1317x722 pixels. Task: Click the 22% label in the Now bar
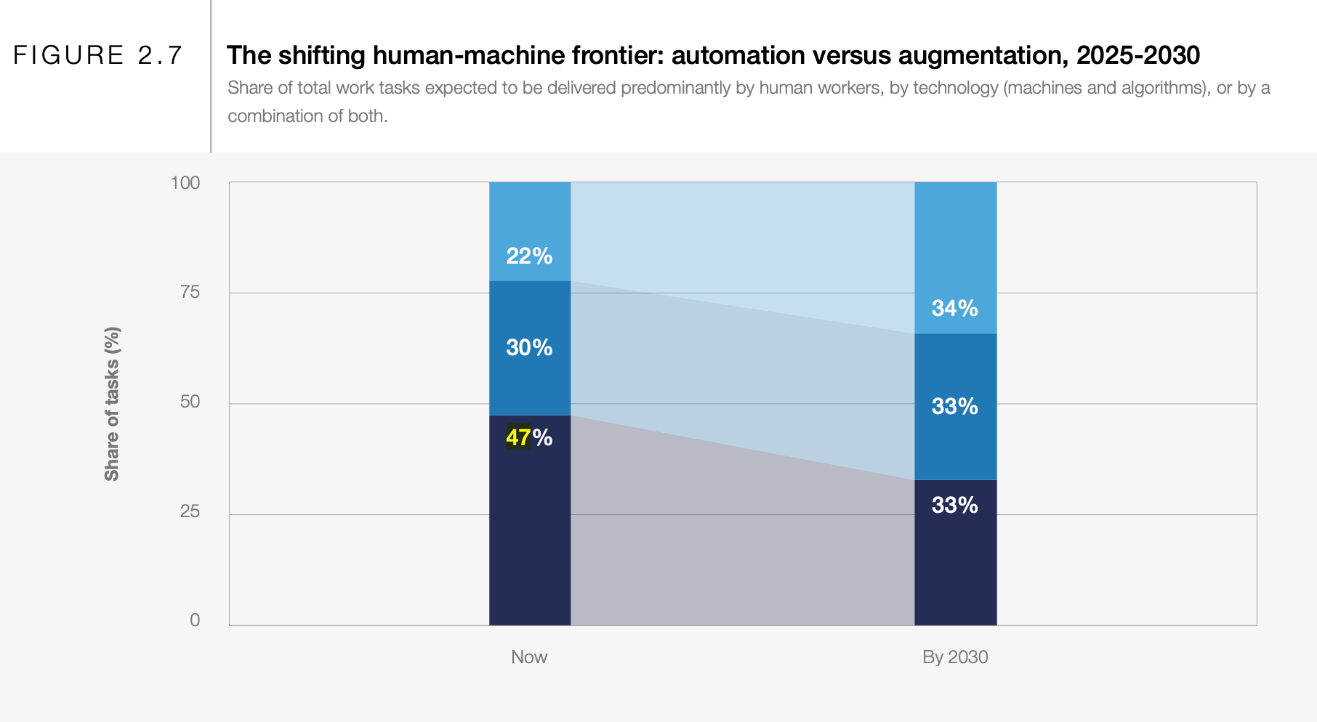[529, 256]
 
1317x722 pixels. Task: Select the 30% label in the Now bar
[529, 347]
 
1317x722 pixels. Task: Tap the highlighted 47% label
[528, 437]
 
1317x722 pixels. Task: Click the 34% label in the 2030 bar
[954, 308]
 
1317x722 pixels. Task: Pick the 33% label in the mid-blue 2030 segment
[954, 406]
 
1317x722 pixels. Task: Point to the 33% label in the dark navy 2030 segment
[954, 505]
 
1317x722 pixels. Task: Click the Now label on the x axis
[528, 657]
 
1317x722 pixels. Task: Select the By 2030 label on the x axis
[954, 657]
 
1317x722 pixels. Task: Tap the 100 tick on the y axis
[185, 182]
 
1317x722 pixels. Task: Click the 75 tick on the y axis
[189, 292]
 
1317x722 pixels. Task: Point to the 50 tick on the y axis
[189, 402]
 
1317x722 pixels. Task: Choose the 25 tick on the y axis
[189, 511]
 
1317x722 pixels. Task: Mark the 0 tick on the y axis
[194, 620]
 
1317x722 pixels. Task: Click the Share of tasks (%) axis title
[112, 404]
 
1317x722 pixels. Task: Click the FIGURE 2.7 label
[97, 55]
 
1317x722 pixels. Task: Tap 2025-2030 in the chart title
[1137, 55]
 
